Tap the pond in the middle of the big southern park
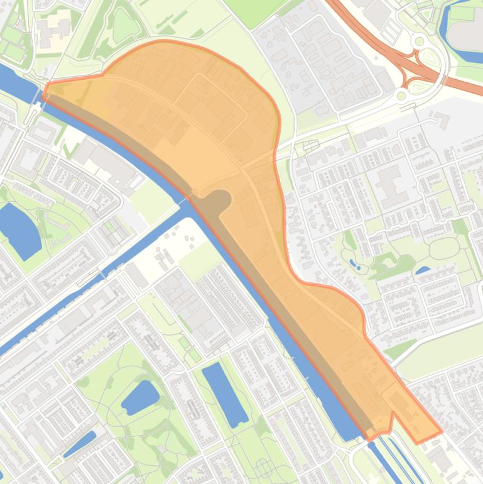pos(140,397)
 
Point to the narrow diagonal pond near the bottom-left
pos(80,444)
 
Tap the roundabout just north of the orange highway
pos(419,41)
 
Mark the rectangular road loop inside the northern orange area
pos(210,107)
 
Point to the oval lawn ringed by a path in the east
pos(445,248)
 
